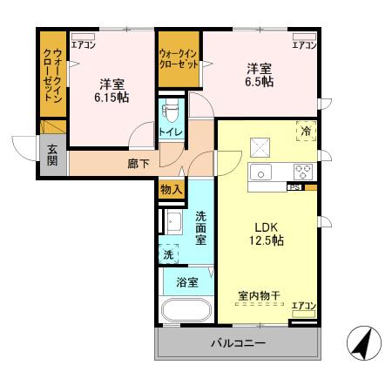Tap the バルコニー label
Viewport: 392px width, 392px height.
coord(237,343)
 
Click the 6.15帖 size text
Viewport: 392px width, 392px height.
coord(111,99)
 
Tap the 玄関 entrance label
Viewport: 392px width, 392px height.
coord(51,155)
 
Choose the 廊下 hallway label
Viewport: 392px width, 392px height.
coord(139,163)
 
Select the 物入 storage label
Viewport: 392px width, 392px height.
coord(170,189)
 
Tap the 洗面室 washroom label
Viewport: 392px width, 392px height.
coord(199,227)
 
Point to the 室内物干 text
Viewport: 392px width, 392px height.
coord(259,295)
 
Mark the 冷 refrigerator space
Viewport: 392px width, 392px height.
coord(306,130)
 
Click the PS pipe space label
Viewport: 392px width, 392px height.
coord(294,186)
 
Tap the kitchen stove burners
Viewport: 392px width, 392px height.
coord(302,171)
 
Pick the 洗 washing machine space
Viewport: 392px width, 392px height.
coord(168,255)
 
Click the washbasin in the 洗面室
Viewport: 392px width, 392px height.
coord(172,220)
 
